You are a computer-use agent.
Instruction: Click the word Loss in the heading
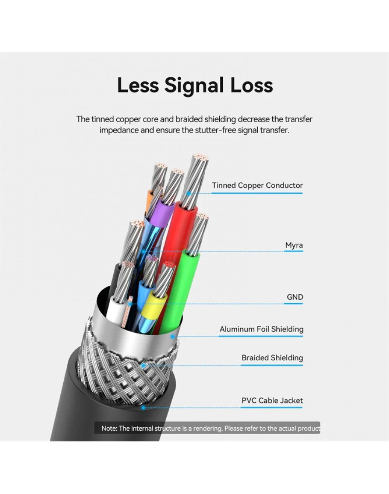251,85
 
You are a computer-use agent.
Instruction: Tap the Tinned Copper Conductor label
257,185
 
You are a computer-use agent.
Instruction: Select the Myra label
294,245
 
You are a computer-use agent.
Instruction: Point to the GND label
295,297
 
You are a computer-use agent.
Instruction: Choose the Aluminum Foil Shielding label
262,329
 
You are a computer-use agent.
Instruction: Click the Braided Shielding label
272,358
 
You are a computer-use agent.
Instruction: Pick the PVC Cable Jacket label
272,400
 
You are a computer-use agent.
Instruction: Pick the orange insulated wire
149,201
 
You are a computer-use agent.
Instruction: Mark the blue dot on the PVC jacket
143,408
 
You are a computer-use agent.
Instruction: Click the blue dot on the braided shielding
143,366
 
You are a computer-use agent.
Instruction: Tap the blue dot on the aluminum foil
173,337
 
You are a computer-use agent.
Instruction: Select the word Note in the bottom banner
109,429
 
